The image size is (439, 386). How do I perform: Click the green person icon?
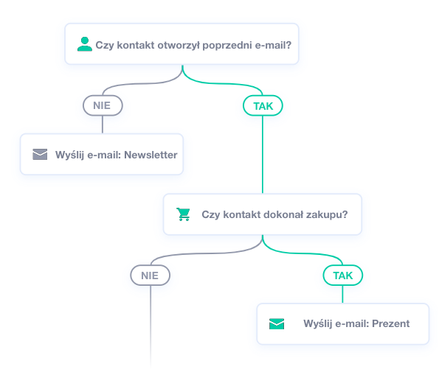tap(85, 44)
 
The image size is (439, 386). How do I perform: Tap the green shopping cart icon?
tap(184, 214)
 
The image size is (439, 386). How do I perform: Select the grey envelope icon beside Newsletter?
tap(40, 154)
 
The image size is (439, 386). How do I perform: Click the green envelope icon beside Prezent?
tap(277, 323)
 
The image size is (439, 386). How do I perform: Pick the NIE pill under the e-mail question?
tap(103, 105)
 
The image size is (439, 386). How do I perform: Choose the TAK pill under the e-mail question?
tap(263, 105)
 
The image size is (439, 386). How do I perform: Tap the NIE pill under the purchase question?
tap(150, 276)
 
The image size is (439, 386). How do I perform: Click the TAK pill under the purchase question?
tap(343, 276)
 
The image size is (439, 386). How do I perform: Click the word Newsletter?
tap(151, 155)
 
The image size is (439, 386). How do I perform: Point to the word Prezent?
tap(390, 323)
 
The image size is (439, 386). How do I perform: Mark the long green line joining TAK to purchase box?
tap(263, 154)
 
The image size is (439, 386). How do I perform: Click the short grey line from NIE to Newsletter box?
tap(103, 124)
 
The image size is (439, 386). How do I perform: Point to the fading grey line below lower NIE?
tap(151, 326)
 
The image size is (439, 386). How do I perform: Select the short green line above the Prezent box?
tap(342, 294)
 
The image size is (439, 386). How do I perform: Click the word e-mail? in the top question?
tap(273, 45)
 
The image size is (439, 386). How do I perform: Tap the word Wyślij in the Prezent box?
tap(318, 323)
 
